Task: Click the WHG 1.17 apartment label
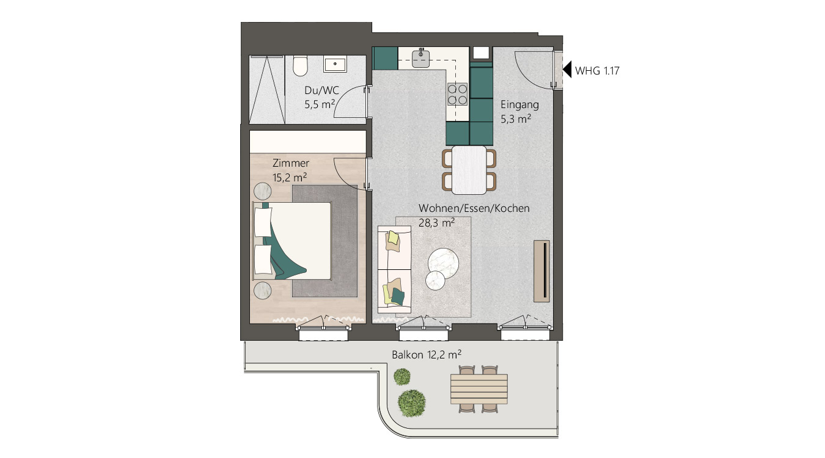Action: click(x=598, y=71)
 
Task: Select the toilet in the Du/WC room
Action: click(x=299, y=66)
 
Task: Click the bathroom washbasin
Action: click(x=335, y=64)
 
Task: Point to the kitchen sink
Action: click(x=422, y=58)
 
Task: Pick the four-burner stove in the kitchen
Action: click(x=458, y=95)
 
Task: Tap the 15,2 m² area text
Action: click(x=289, y=177)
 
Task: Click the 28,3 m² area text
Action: click(x=436, y=223)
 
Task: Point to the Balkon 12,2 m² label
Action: click(x=426, y=354)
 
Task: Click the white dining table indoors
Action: click(x=469, y=170)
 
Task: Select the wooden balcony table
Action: click(x=479, y=388)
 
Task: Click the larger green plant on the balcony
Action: click(x=412, y=402)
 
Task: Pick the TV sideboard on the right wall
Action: click(x=541, y=271)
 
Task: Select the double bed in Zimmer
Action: click(x=292, y=241)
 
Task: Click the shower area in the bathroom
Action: click(x=266, y=89)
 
